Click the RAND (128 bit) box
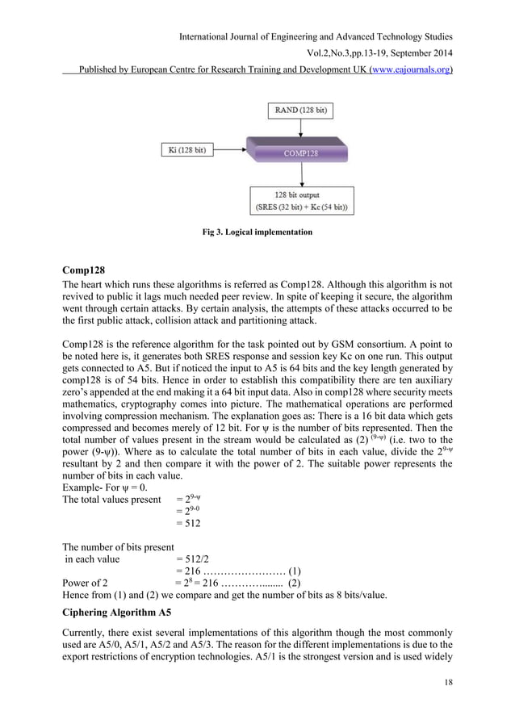pos(305,111)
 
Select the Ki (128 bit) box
pos(186,149)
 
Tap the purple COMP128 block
pos(304,152)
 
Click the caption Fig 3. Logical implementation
pos(257,232)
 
